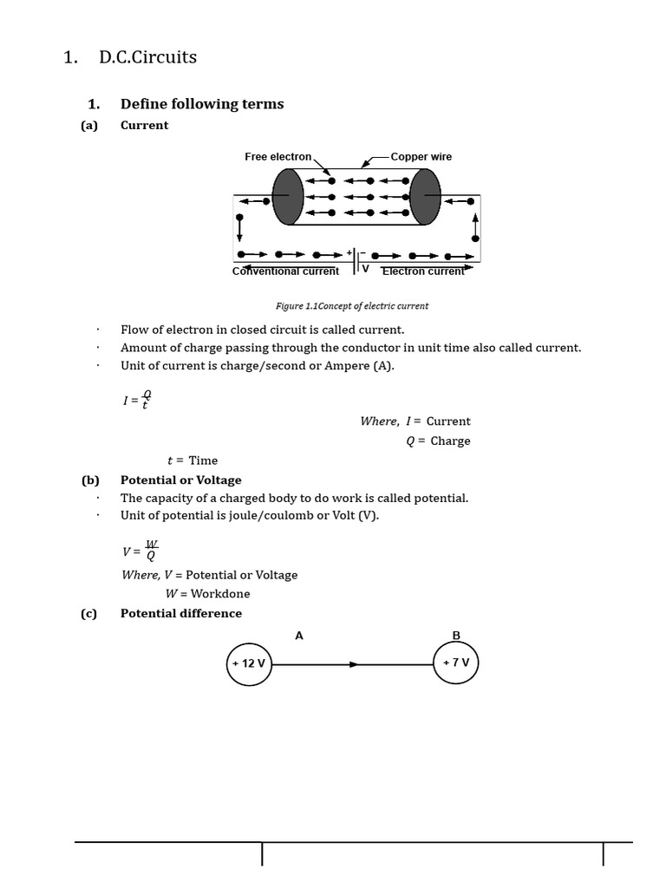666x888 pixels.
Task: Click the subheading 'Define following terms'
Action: (x=202, y=104)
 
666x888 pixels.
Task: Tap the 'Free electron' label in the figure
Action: (x=277, y=157)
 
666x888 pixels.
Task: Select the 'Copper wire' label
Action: (x=421, y=157)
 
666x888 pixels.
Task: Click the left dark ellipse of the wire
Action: (x=288, y=197)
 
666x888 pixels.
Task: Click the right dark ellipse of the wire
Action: (x=425, y=197)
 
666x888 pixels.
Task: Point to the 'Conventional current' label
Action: (x=285, y=271)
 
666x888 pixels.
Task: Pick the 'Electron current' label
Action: (x=423, y=271)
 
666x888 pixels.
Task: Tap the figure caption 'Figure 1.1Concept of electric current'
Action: (x=351, y=306)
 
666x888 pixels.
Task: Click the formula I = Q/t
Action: (x=137, y=400)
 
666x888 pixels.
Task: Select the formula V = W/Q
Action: (x=140, y=551)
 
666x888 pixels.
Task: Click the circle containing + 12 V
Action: (x=249, y=663)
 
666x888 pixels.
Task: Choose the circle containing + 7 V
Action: (x=456, y=663)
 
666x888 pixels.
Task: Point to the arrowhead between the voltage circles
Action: (x=353, y=664)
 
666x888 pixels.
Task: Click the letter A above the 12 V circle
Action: (x=299, y=636)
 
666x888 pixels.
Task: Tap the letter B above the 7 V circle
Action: (x=456, y=636)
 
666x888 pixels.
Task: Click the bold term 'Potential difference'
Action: (x=181, y=613)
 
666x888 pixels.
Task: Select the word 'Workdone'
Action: (x=220, y=594)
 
